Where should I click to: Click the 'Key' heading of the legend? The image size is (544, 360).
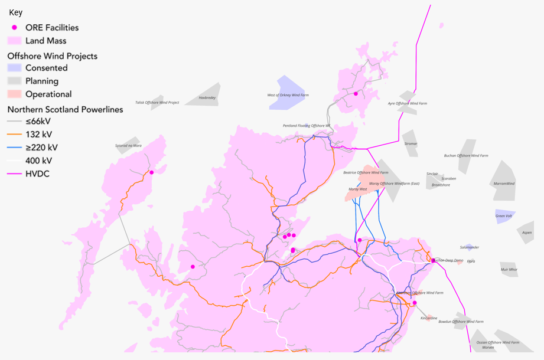15,12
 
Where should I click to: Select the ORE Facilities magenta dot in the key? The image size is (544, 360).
15,28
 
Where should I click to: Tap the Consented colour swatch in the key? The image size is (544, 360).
15,68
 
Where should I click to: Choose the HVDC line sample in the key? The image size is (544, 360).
15,174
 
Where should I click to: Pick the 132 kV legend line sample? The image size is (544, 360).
15,135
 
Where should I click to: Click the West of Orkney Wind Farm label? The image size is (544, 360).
288,95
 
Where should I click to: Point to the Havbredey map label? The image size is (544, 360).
207,97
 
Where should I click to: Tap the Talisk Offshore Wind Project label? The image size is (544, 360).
157,102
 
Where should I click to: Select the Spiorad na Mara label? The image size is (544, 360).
128,145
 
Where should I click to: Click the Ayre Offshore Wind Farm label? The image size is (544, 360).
407,103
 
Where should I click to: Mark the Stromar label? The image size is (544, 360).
411,143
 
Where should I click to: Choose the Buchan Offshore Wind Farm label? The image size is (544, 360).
466,156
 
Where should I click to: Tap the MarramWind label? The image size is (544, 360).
504,184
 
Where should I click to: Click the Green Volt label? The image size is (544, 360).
504,216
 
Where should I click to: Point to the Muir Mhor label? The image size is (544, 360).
509,269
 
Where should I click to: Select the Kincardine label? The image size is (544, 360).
429,318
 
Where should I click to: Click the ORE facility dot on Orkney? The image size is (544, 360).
356,93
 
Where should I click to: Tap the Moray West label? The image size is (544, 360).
357,189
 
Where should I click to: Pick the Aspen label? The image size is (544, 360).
527,233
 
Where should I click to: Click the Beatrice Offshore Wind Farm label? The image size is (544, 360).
366,172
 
